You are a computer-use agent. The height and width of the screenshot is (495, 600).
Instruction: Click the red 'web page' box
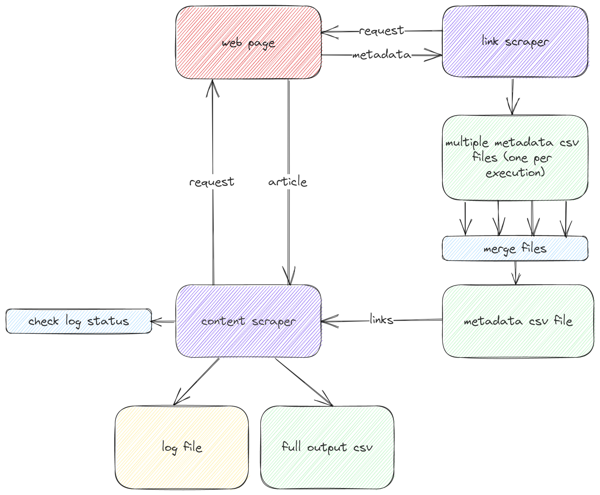pyautogui.click(x=248, y=42)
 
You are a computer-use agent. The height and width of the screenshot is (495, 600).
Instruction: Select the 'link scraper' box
pyautogui.click(x=515, y=42)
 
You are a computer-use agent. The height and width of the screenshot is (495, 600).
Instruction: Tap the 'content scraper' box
pyautogui.click(x=248, y=321)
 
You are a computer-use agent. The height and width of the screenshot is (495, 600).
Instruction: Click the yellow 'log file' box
pyautogui.click(x=182, y=447)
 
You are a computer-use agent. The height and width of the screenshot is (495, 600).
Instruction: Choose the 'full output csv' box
pyautogui.click(x=327, y=447)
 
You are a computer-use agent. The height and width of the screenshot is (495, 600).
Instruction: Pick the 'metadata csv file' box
pyautogui.click(x=518, y=321)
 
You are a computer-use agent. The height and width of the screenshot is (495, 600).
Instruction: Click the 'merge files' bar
pyautogui.click(x=515, y=248)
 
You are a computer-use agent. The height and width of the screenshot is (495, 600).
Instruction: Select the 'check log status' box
pyautogui.click(x=78, y=321)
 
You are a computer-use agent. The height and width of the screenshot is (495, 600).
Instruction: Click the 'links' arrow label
pyautogui.click(x=382, y=320)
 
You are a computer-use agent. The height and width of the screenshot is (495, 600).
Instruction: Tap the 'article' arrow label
pyautogui.click(x=288, y=182)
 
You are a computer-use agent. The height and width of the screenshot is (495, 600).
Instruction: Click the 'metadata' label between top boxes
pyautogui.click(x=382, y=55)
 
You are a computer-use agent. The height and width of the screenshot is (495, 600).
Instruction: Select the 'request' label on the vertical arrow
pyautogui.click(x=212, y=182)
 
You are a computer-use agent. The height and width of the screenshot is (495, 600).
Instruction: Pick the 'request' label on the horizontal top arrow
pyautogui.click(x=382, y=31)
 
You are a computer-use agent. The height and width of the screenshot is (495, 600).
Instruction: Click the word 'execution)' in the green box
pyautogui.click(x=515, y=173)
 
